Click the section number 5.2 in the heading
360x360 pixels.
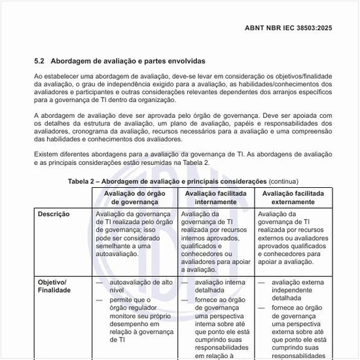click(39, 60)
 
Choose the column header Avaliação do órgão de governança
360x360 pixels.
click(135, 198)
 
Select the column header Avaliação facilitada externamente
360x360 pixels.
click(295, 198)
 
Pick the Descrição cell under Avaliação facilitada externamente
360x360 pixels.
click(295, 237)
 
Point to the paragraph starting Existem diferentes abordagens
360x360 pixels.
click(183, 158)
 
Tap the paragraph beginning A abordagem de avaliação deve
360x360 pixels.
click(183, 127)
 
